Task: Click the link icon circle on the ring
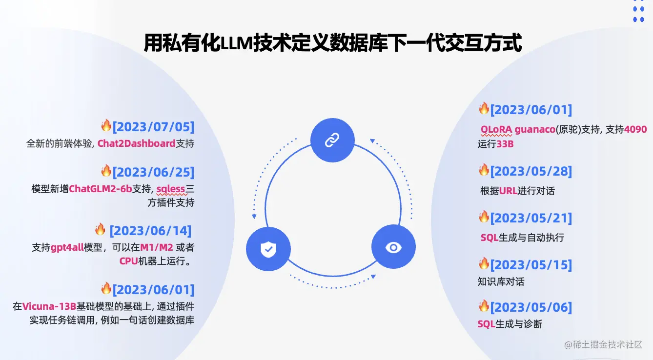tap(332, 141)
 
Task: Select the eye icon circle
tap(393, 247)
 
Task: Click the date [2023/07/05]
tap(153, 127)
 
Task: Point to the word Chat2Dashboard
tap(136, 143)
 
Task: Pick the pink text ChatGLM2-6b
tap(101, 189)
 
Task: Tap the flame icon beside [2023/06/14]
tap(100, 229)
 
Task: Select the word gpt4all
tap(67, 247)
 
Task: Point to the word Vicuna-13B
tap(49, 306)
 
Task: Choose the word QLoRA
tap(496, 130)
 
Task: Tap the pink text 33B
tap(505, 144)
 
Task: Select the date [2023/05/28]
tap(531, 171)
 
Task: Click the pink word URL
tap(508, 191)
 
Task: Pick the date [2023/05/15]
tap(531, 265)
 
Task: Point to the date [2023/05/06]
tap(531, 307)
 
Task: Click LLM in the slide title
tap(236, 43)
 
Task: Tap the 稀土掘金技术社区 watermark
tap(608, 344)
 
